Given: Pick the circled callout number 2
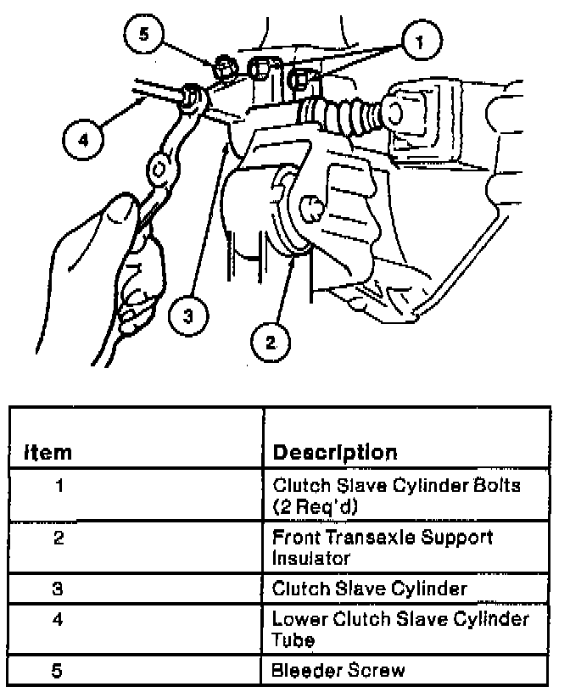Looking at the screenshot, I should pyautogui.click(x=271, y=342).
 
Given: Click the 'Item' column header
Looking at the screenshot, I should pyautogui.click(x=48, y=452).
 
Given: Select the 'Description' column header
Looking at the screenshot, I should pyautogui.click(x=334, y=452).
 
